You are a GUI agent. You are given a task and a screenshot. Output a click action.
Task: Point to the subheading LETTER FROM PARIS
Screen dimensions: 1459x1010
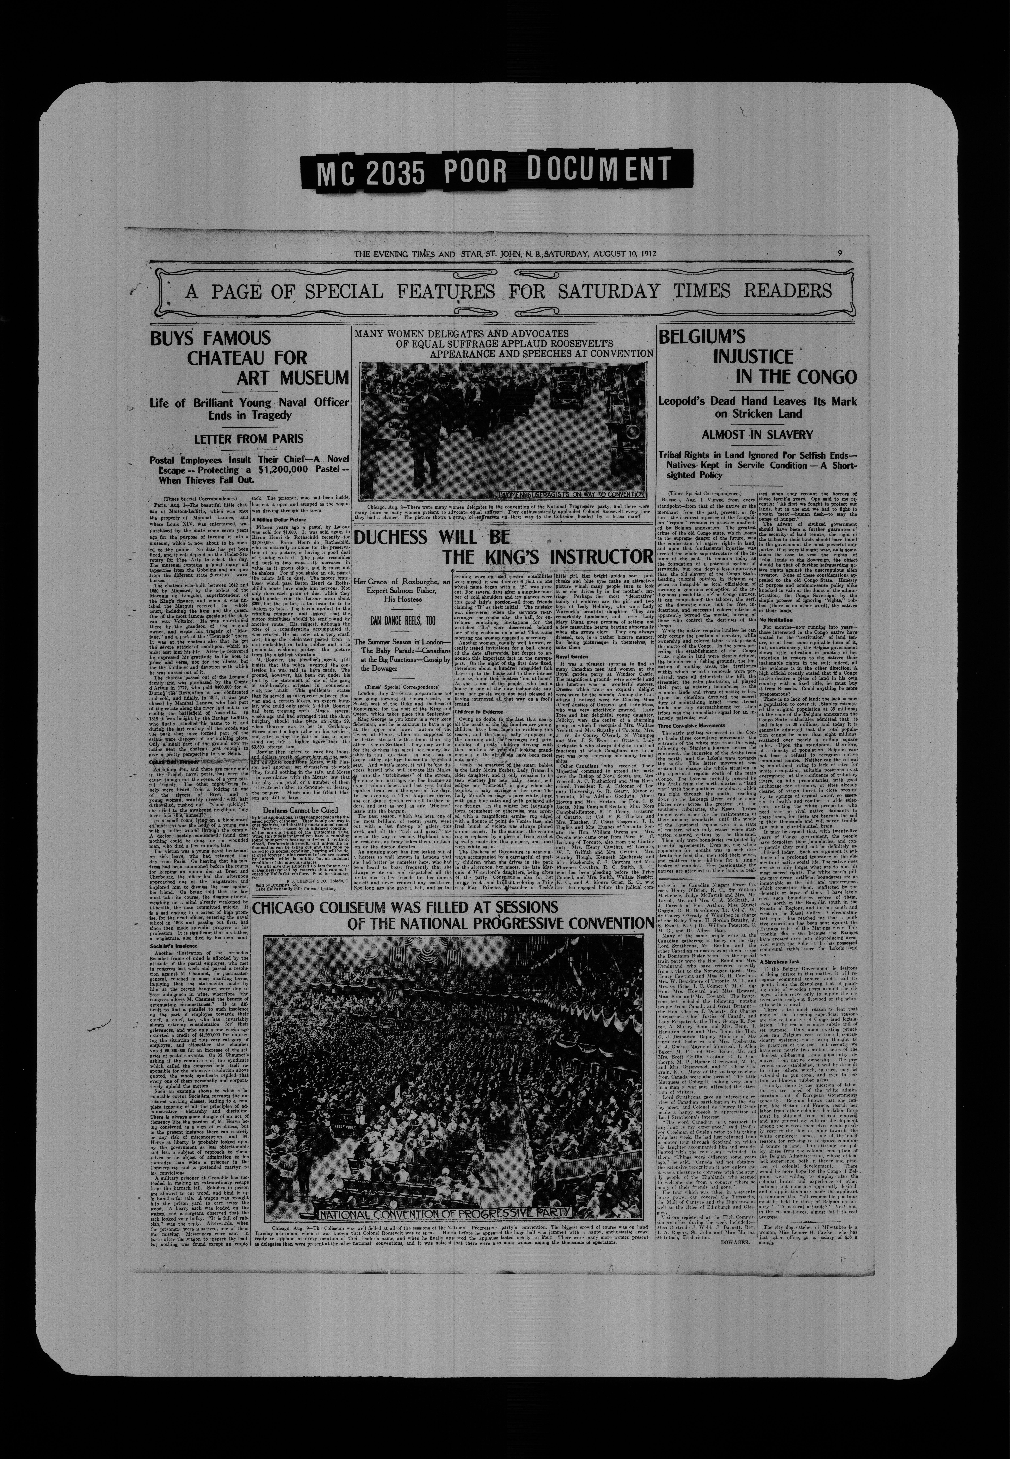point(248,438)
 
